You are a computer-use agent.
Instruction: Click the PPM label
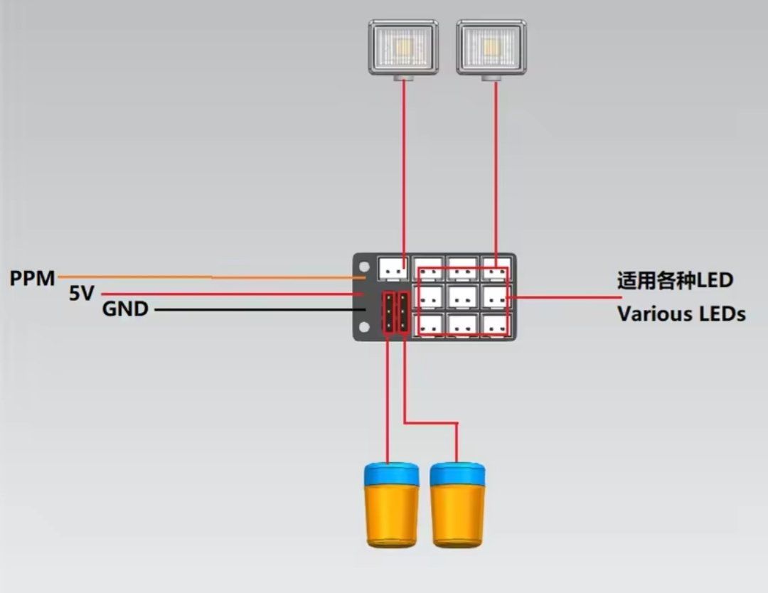tap(32, 278)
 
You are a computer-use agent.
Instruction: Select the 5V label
tap(81, 294)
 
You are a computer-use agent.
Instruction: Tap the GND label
tap(125, 309)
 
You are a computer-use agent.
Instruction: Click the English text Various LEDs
tap(681, 314)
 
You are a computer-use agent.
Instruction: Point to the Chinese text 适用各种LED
tap(675, 280)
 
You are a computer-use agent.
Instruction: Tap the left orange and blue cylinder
tap(391, 504)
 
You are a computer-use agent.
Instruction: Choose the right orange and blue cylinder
tap(457, 504)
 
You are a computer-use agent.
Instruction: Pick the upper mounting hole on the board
tap(364, 267)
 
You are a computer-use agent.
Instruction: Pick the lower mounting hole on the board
tap(364, 326)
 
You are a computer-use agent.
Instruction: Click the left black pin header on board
tap(388, 313)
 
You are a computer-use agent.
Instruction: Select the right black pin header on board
tap(404, 313)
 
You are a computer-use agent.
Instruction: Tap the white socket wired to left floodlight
tap(393, 269)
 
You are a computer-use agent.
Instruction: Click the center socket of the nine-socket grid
tap(463, 296)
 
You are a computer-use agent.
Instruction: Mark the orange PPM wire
tap(212, 277)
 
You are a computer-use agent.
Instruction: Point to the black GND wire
tap(260, 309)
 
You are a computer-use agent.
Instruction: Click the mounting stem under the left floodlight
tap(403, 78)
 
